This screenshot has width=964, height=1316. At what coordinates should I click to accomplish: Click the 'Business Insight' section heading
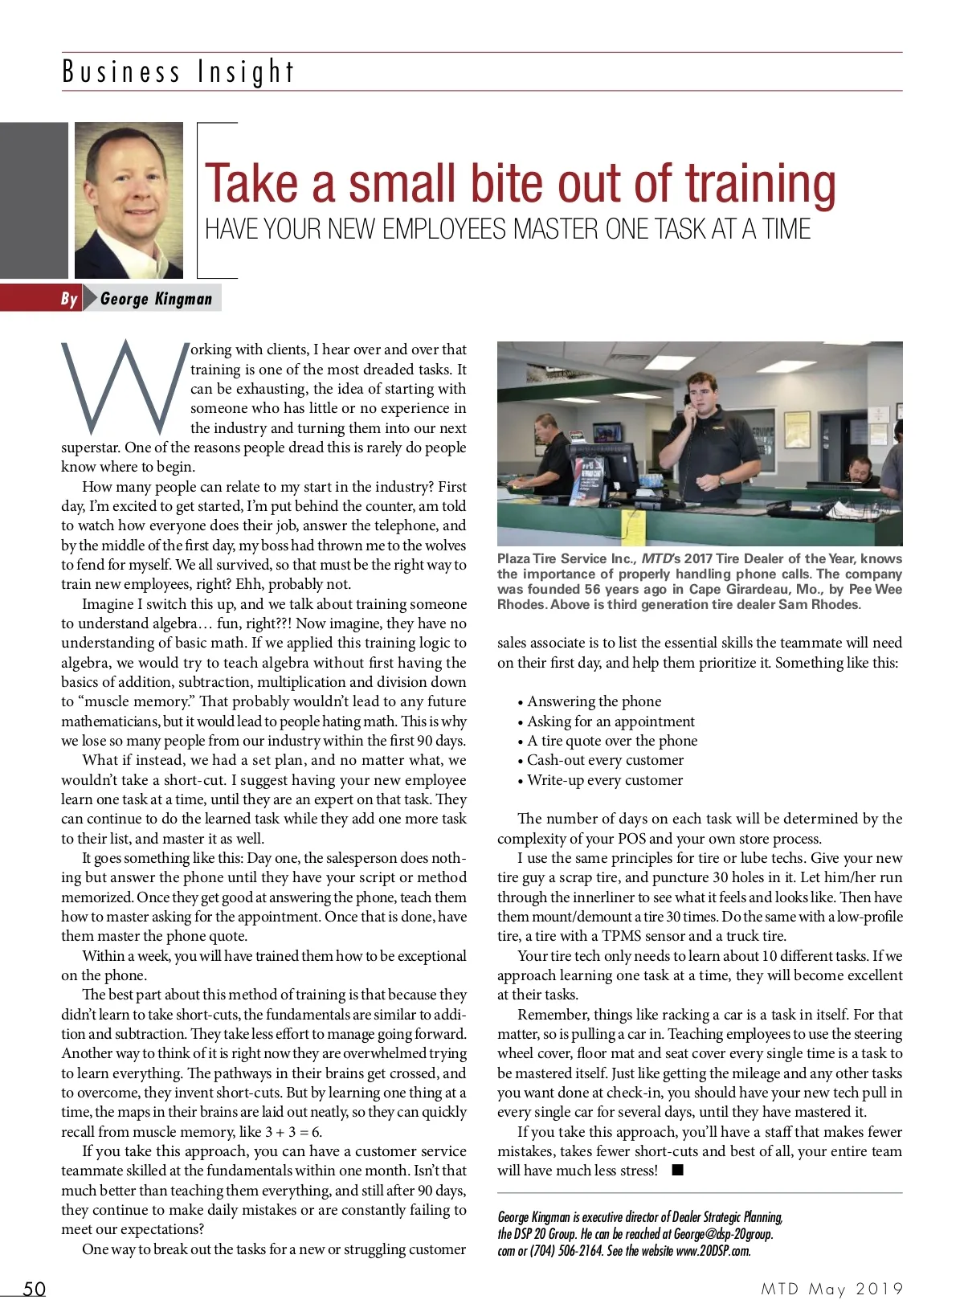click(178, 72)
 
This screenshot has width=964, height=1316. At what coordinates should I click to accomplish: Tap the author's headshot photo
click(129, 200)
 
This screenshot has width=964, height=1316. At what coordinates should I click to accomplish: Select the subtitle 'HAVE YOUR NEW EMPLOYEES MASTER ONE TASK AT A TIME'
click(507, 230)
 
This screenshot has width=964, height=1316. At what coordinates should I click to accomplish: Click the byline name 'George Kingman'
click(157, 299)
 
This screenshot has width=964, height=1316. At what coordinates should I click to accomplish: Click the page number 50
click(34, 1289)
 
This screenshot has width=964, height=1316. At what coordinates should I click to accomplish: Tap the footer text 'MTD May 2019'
click(832, 1289)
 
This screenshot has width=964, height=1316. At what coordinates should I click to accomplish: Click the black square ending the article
click(677, 1170)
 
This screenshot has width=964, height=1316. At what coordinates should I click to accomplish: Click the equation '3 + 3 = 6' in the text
click(293, 1131)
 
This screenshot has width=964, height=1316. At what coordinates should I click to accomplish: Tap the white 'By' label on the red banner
click(69, 299)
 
